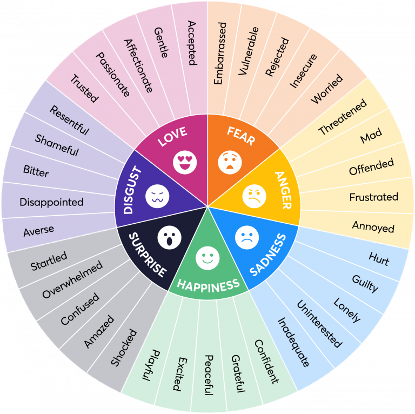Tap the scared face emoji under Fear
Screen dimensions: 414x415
click(x=230, y=162)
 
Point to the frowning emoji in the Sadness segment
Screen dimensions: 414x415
click(x=247, y=236)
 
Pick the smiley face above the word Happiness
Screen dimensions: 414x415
click(x=207, y=258)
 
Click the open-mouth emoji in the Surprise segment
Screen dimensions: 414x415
click(x=169, y=236)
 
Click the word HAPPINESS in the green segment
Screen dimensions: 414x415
click(x=208, y=284)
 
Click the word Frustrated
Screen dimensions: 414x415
click(x=373, y=197)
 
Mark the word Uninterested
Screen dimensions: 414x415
click(x=319, y=323)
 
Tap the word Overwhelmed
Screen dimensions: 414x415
click(x=72, y=280)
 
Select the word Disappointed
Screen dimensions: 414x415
click(x=52, y=202)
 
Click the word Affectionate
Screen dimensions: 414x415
click(x=138, y=65)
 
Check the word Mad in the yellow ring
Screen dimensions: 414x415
click(x=371, y=137)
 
